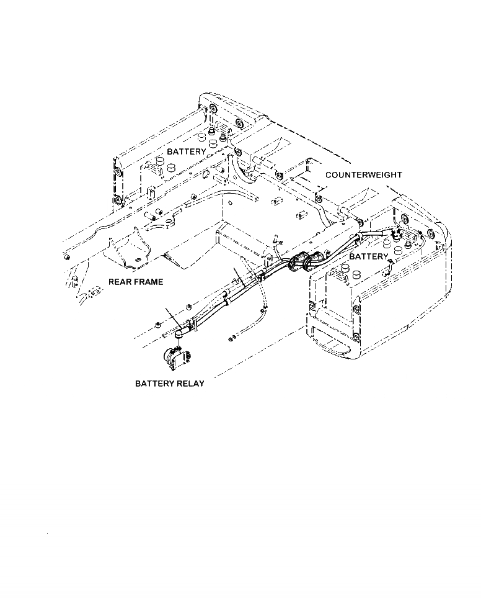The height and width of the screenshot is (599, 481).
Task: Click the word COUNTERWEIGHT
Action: [x=364, y=175]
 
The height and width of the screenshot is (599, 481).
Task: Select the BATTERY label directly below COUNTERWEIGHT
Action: [x=368, y=256]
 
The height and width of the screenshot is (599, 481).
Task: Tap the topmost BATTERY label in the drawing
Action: [x=186, y=151]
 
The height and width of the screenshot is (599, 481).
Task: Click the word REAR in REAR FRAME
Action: [x=120, y=282]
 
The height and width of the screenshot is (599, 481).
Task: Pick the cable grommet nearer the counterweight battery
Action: [x=316, y=259]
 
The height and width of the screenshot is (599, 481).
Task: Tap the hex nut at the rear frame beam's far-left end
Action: [x=66, y=256]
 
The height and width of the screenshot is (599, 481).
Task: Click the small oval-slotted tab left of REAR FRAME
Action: [x=95, y=290]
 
